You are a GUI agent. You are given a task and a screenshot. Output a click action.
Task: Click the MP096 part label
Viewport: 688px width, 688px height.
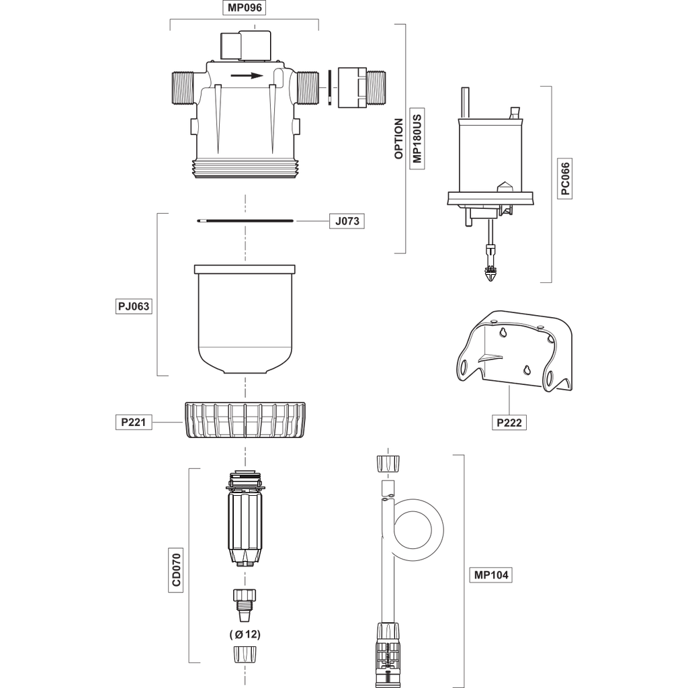pos(245,8)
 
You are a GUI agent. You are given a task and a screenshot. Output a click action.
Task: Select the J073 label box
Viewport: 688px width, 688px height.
pos(347,221)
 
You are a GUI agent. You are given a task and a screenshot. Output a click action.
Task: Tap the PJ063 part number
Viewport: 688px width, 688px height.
pos(134,306)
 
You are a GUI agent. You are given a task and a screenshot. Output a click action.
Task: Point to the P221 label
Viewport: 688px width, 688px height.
pos(134,422)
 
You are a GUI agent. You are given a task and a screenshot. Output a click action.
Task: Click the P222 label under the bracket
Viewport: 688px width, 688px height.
pos(509,423)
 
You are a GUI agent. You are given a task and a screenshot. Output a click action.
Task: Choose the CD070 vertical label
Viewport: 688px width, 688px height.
pos(176,570)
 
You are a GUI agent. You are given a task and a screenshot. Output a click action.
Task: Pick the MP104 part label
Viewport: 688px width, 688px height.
pos(491,575)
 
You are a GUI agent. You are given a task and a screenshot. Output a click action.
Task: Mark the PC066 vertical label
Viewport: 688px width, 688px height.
pos(565,179)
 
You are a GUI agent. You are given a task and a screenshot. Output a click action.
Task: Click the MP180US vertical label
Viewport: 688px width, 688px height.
pos(417,138)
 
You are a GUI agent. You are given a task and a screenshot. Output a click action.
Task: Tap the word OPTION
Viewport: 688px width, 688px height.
pos(398,138)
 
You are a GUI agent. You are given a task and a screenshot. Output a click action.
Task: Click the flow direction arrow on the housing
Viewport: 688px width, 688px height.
pos(247,75)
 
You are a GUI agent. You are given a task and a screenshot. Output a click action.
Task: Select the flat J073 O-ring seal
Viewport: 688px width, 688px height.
pos(245,220)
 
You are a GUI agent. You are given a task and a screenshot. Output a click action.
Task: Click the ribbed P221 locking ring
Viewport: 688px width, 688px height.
pos(245,419)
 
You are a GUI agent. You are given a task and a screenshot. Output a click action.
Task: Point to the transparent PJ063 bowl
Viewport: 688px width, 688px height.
pos(245,319)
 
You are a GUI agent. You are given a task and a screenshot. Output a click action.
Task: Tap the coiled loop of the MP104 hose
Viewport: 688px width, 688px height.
pos(419,530)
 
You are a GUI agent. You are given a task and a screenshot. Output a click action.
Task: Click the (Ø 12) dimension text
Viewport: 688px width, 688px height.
pos(245,634)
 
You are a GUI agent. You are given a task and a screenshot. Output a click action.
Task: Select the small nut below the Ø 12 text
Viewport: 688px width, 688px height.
pos(245,654)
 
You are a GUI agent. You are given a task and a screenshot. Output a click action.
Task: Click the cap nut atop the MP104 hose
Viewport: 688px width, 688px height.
pos(388,464)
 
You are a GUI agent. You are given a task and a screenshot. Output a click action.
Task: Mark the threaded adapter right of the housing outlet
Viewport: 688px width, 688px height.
pos(361,87)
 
